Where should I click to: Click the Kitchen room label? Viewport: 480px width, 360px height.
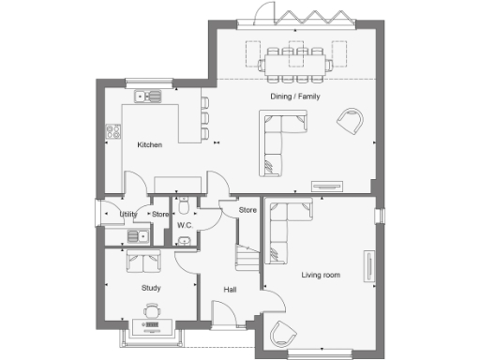[x=150, y=145]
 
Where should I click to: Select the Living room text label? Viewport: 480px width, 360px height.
[x=321, y=275]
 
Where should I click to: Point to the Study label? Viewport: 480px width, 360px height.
[x=151, y=288]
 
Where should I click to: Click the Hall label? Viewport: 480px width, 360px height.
[x=230, y=290]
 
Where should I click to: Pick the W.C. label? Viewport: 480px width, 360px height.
[x=185, y=225]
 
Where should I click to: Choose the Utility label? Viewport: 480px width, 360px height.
[x=128, y=215]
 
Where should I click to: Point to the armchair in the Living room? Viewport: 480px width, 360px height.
[x=282, y=335]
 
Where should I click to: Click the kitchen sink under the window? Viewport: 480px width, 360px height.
[x=147, y=96]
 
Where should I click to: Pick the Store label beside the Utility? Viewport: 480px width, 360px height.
[x=159, y=215]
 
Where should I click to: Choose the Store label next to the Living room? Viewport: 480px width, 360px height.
[x=247, y=210]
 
